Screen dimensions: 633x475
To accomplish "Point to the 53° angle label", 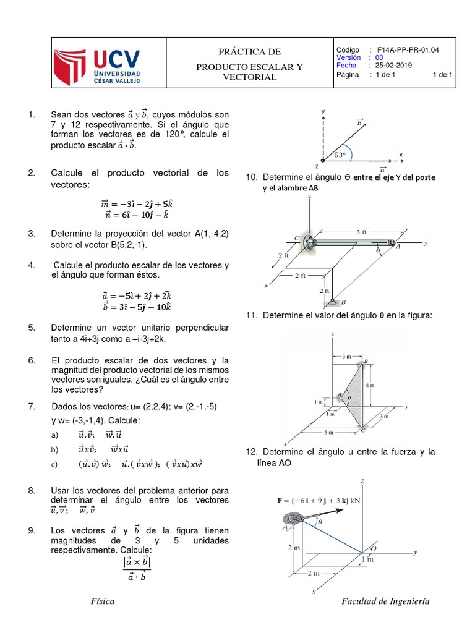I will coord(340,155).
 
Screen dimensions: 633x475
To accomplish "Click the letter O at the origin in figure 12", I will coord(373,548).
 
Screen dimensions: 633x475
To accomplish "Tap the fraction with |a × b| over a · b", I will coord(137,569).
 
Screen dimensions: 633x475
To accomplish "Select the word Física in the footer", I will coord(102,601).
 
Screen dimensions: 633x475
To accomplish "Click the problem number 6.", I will coord(32,360).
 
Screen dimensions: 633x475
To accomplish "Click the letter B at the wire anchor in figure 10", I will coord(343,302).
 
